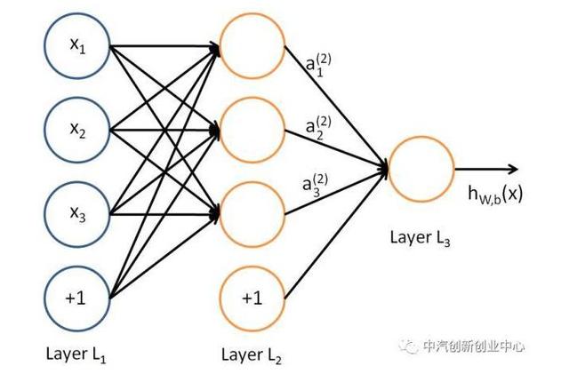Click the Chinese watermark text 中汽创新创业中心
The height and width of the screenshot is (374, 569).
pyautogui.click(x=475, y=346)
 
